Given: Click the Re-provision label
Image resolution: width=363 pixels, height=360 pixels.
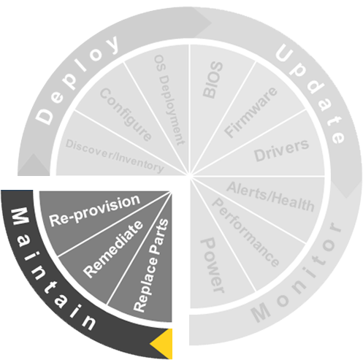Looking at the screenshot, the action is [95, 210].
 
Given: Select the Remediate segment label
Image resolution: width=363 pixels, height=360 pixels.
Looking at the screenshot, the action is [113, 249].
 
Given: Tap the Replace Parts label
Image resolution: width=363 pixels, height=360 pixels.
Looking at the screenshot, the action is [151, 266].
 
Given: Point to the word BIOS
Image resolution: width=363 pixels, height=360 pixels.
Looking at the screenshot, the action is [213, 80].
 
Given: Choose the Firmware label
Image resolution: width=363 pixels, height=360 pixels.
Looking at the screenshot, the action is [251, 112].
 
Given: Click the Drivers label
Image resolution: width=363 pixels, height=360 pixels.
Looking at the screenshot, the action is [281, 150].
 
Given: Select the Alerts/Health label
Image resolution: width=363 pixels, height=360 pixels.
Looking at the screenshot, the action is [270, 196].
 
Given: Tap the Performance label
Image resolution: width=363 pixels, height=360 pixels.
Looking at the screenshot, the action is [245, 232].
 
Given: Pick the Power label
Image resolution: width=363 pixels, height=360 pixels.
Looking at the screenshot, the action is [212, 266].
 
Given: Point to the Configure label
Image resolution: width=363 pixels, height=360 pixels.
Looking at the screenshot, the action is [126, 115].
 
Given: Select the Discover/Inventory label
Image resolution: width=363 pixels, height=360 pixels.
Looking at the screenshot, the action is [115, 156].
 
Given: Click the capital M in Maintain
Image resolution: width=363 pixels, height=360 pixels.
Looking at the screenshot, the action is [20, 216].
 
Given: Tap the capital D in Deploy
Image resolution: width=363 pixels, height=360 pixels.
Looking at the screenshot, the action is [44, 116].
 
